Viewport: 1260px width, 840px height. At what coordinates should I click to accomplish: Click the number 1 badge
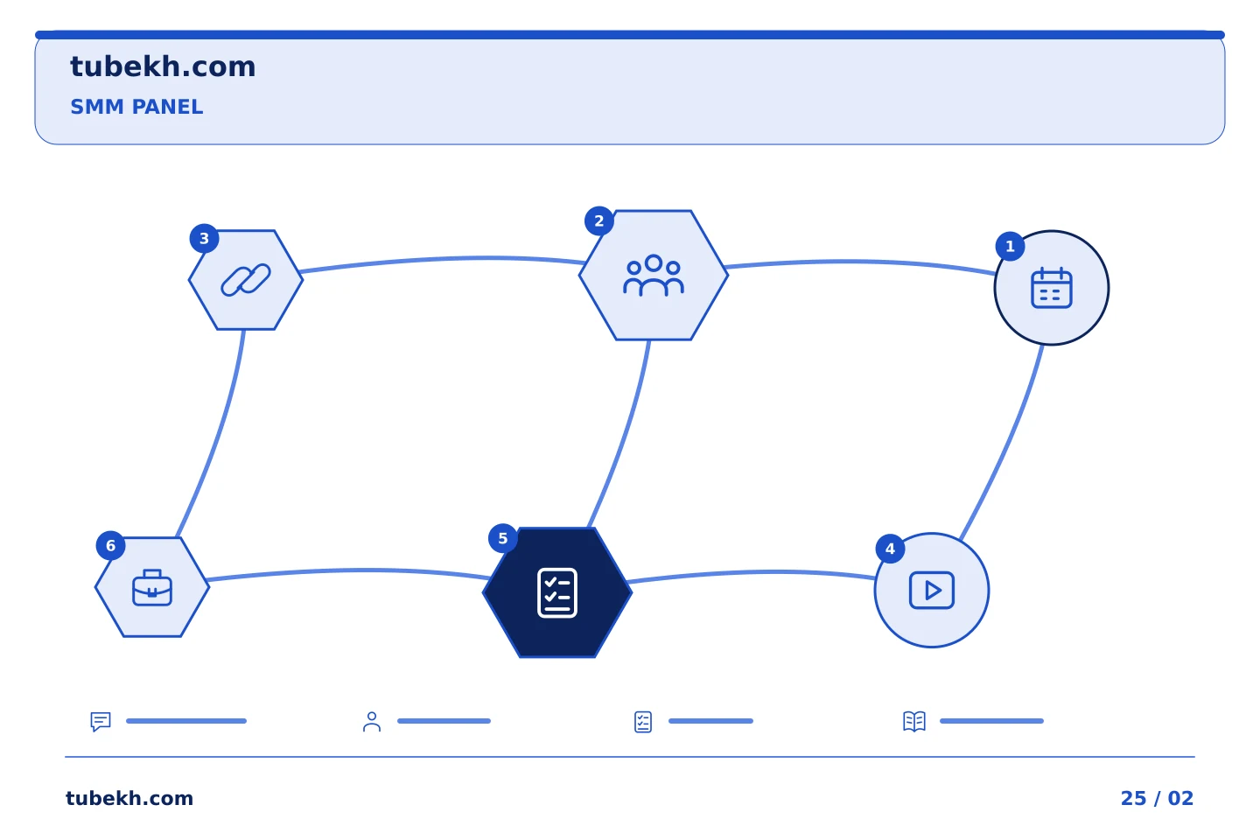(1010, 247)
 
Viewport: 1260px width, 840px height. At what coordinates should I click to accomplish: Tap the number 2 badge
(599, 221)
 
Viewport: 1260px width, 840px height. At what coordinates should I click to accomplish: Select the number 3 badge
(204, 239)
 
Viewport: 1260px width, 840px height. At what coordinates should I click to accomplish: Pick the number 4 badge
(890, 549)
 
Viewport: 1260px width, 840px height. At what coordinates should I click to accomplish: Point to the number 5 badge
(503, 538)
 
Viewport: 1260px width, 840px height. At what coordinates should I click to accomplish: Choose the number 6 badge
(111, 546)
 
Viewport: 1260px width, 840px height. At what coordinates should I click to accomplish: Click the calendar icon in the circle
(1052, 288)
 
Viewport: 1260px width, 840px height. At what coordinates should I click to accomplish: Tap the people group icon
(653, 275)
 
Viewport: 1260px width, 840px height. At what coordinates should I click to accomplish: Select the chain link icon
(246, 280)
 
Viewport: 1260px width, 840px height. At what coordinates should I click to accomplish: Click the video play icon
(932, 591)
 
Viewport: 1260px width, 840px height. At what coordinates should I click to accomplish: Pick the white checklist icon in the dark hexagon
(557, 593)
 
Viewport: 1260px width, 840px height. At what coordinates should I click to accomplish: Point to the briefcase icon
(152, 588)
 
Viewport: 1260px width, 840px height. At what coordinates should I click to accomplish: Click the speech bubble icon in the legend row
(101, 721)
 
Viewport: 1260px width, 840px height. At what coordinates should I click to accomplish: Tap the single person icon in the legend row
(372, 721)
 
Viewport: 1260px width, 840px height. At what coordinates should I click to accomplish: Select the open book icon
(914, 721)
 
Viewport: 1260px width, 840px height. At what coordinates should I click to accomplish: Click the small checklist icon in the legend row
(643, 722)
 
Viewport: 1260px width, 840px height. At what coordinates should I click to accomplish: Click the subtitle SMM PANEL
(136, 107)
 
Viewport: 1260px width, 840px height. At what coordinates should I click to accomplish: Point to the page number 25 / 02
(1157, 798)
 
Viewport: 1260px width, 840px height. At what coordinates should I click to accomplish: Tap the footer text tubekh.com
(129, 798)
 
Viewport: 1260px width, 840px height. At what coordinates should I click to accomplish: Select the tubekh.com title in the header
(163, 66)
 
